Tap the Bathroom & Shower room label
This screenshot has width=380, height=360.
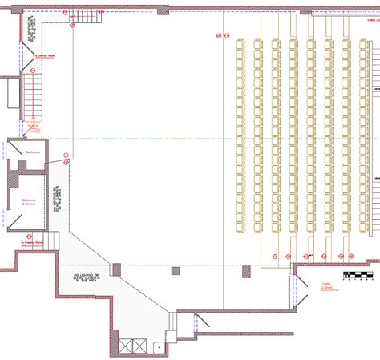(x=30, y=201)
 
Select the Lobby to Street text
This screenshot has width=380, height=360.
(x=326, y=285)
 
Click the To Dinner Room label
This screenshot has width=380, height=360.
(x=46, y=56)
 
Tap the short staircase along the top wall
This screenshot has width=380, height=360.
(x=83, y=14)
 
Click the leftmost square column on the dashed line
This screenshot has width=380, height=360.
(x=116, y=269)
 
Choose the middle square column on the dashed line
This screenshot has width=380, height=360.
(x=176, y=270)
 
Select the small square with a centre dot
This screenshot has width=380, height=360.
(x=158, y=347)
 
